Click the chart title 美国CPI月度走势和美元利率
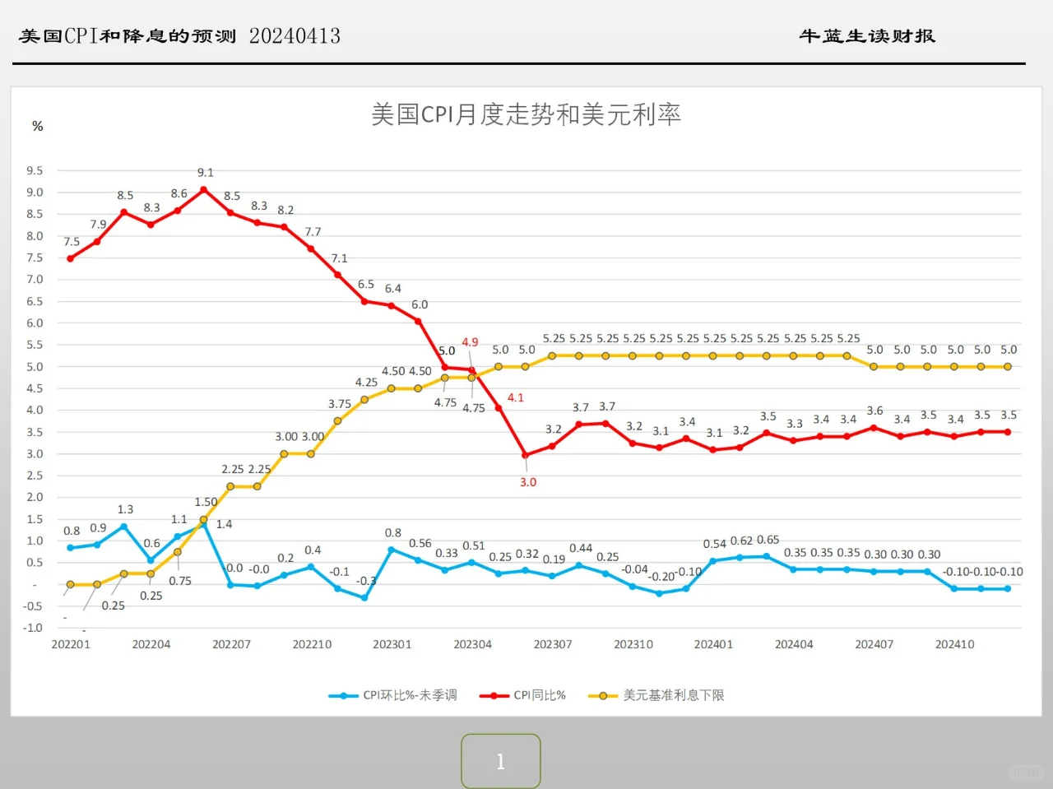coord(526,114)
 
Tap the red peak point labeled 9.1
coord(204,189)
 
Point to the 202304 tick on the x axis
coord(472,644)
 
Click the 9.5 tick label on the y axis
coord(35,171)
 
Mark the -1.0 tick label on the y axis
coord(33,628)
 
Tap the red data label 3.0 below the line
coord(528,482)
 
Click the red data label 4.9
coord(470,342)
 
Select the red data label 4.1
coord(516,397)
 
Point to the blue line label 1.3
coord(125,509)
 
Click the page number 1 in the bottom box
coord(500,762)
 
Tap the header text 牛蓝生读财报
coord(867,36)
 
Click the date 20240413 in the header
coord(295,36)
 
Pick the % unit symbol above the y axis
coord(37,126)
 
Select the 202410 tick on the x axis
coord(954,644)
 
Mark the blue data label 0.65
coord(768,540)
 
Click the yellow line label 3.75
coord(340,404)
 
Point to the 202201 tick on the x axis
coord(71,644)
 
